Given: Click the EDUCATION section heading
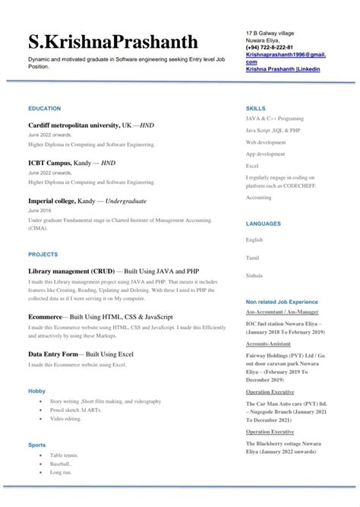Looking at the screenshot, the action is pos(44,109).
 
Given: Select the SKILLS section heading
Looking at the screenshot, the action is pos(256,109).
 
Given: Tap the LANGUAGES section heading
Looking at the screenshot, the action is pos(264,223).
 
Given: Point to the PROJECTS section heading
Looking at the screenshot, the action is pos(43,254).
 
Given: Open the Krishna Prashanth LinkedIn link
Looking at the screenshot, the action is pos(283,68).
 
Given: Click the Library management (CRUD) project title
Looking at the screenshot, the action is pos(114,271).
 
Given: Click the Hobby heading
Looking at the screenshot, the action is pos(37,391).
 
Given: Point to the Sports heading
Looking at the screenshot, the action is pos(37,444).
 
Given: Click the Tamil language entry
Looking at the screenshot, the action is pos(253,258).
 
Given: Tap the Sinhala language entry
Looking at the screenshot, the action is pos(254,277).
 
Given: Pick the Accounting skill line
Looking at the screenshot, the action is pos(258,198).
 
